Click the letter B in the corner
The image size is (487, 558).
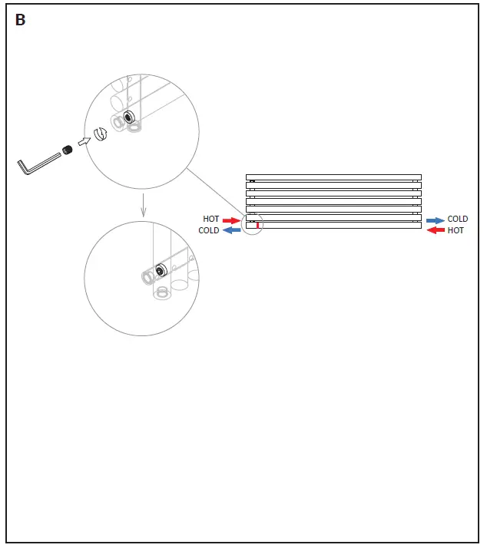tap(20, 21)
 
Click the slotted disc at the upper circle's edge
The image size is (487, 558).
tap(99, 134)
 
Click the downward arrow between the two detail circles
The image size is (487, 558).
tap(143, 206)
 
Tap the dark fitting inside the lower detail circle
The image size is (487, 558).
tap(161, 270)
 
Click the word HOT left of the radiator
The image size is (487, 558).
tap(210, 220)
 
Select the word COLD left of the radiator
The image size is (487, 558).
tap(209, 230)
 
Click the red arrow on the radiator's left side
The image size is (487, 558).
tap(231, 220)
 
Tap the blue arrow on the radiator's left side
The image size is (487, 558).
tap(231, 230)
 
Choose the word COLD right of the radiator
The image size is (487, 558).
tap(458, 220)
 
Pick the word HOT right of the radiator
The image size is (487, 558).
tap(456, 230)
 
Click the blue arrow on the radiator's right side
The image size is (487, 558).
tap(436, 220)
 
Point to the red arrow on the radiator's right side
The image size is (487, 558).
tap(436, 230)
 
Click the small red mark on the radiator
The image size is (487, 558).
tap(257, 225)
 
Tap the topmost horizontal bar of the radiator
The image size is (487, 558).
tap(333, 177)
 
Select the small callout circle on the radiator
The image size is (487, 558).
tap(253, 225)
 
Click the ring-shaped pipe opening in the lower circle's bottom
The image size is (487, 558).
tap(161, 292)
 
